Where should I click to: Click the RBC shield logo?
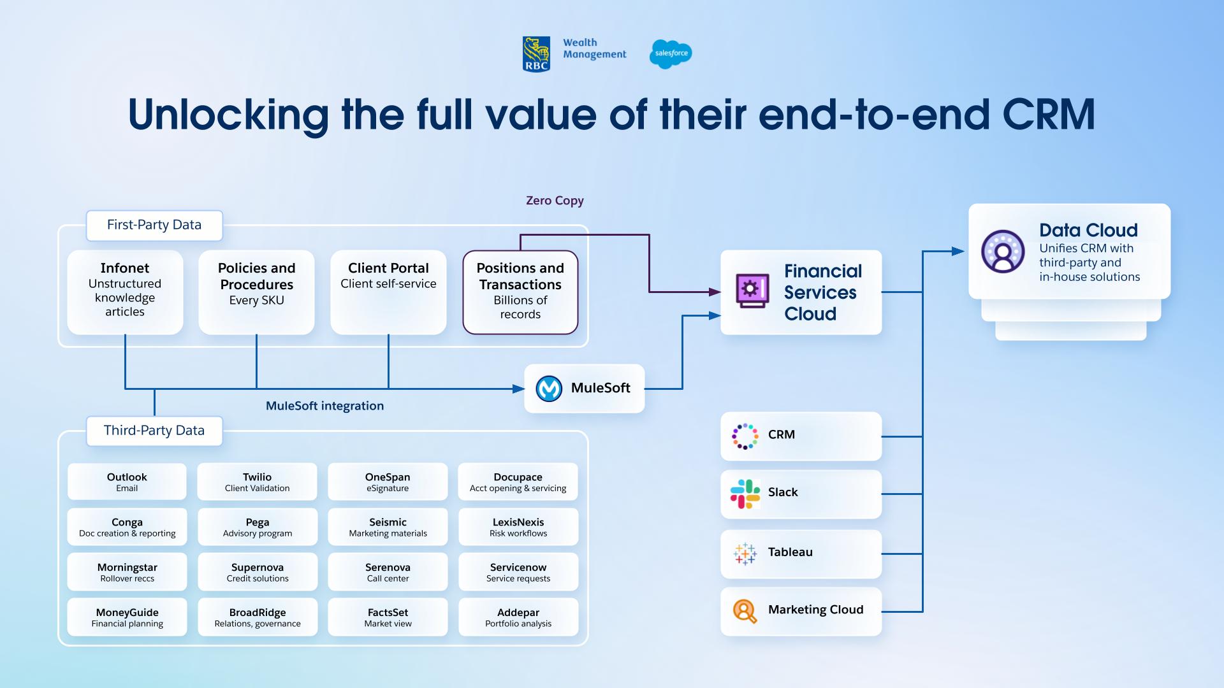[x=536, y=54]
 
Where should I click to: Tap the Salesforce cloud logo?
[x=671, y=54]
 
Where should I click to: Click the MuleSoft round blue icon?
[x=548, y=389]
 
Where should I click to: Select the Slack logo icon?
[x=745, y=494]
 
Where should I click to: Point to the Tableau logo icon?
[x=745, y=553]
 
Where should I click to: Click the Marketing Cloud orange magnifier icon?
[x=745, y=611]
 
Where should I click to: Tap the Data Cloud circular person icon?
[x=1003, y=252]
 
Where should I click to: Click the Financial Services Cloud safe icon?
[x=752, y=291]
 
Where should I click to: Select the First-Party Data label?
[x=154, y=225]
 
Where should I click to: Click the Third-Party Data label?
[x=154, y=431]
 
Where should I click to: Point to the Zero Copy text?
[x=555, y=201]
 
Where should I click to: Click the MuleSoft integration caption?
[x=324, y=406]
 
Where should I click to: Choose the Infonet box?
[x=125, y=292]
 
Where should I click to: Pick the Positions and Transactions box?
[x=520, y=292]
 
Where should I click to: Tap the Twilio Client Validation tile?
[x=257, y=482]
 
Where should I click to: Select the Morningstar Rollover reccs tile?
[x=127, y=572]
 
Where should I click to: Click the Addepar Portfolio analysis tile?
[x=518, y=617]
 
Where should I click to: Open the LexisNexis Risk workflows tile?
[x=518, y=527]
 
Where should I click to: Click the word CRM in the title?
[x=1048, y=115]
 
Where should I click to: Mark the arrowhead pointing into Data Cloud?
[x=958, y=251]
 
